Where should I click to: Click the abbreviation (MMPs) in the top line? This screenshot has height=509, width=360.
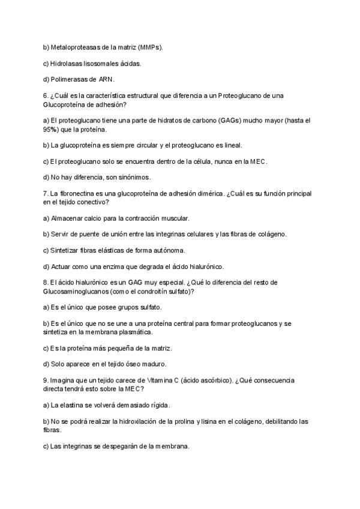(x=149, y=47)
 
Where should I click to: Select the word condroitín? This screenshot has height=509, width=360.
(x=158, y=292)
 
